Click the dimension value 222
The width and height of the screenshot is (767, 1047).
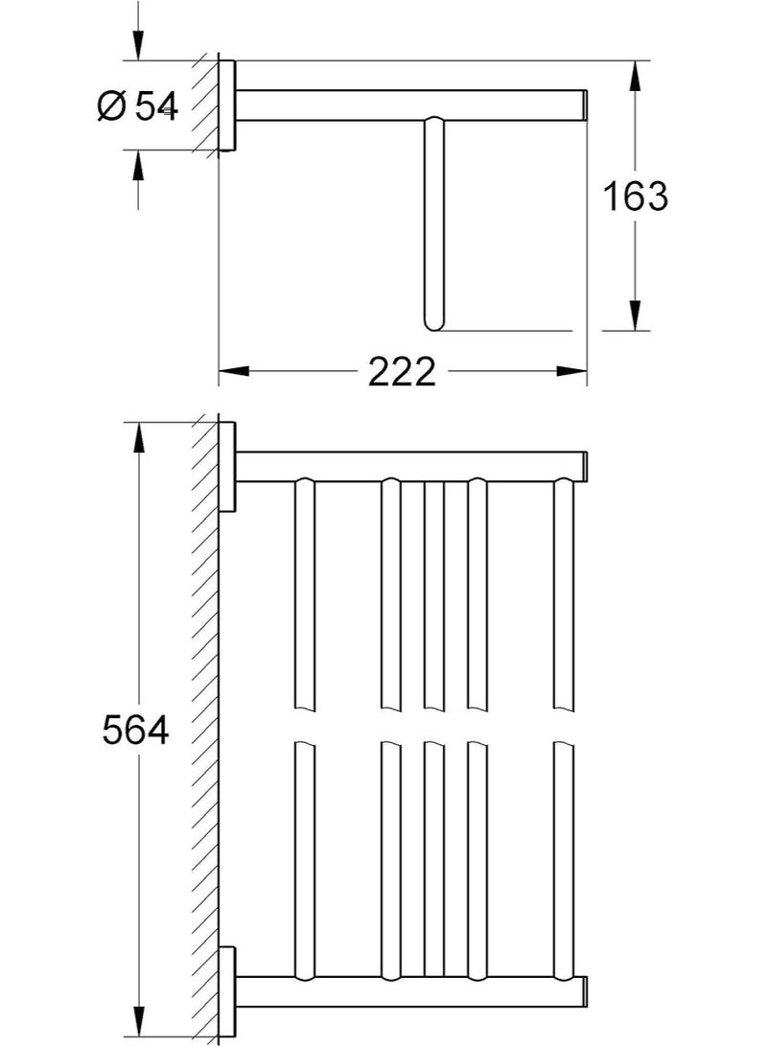[402, 370]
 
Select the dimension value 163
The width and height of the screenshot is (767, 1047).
[635, 197]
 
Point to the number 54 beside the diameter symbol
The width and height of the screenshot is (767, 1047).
[156, 106]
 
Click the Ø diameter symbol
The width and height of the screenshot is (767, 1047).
[111, 106]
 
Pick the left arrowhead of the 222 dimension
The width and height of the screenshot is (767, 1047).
[234, 370]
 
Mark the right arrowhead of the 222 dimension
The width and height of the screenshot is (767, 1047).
[572, 370]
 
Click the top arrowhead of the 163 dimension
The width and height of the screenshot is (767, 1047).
[635, 76]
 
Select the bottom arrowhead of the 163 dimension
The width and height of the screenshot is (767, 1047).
[635, 315]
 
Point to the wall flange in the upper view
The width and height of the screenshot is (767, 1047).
[227, 105]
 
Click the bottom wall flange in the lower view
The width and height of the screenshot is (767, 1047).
[227, 992]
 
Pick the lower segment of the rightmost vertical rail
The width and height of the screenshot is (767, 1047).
[563, 863]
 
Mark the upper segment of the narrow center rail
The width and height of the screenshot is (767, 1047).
[434, 594]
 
